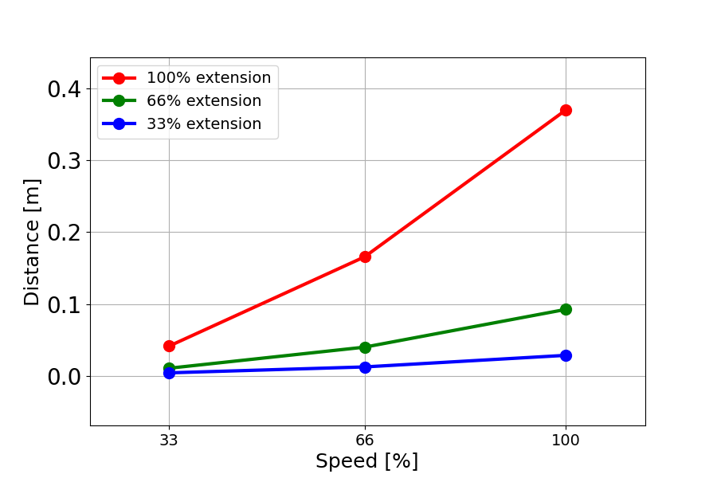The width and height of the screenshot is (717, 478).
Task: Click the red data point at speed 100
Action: pos(566,110)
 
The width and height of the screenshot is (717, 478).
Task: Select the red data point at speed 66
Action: pos(365,257)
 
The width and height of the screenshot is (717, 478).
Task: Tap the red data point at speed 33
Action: pos(169,346)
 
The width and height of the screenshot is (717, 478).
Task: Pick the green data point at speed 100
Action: pos(566,309)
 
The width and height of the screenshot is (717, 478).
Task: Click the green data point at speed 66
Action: pos(365,347)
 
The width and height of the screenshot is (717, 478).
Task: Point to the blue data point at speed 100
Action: pos(566,355)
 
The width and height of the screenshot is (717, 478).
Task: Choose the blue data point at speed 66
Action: pos(365,367)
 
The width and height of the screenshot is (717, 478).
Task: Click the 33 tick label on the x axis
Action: pos(169,439)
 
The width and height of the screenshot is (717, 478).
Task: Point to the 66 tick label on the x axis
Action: pos(365,439)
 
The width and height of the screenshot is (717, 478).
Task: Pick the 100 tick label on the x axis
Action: pos(566,439)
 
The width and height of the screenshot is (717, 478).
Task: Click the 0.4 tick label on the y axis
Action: pos(65,89)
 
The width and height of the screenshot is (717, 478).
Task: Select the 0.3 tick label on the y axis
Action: pos(65,161)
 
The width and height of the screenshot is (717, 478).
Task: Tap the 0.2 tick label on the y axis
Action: pos(65,233)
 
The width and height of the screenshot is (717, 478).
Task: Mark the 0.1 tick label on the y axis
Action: pos(65,305)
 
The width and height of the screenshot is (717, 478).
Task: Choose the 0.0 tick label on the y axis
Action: pos(65,377)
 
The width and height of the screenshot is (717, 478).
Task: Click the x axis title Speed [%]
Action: pos(366,461)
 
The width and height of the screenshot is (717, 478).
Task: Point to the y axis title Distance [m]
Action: pos(32,241)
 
